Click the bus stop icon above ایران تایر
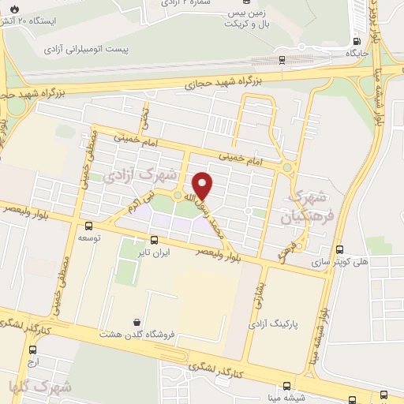154,241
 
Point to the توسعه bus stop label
88,237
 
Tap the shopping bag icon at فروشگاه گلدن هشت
138,322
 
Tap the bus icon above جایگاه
358,41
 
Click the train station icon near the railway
282,58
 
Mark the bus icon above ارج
32,350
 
